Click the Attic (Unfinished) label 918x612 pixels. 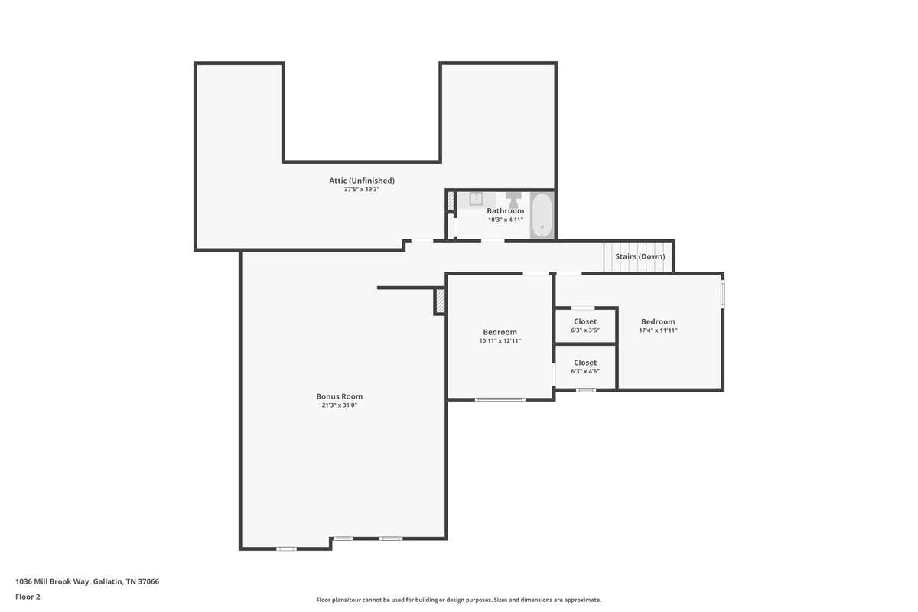coord(361,181)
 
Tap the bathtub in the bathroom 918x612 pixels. coord(542,215)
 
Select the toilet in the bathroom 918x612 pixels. coord(513,199)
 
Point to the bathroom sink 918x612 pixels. coord(476,199)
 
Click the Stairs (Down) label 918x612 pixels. coord(640,256)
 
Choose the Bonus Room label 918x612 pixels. coord(340,396)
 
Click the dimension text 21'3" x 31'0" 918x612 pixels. coord(340,405)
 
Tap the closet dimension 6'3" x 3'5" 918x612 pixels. coord(585,330)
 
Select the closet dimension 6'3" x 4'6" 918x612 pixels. coord(585,371)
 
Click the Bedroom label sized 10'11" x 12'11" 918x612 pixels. coord(500,332)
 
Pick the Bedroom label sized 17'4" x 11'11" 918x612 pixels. coord(658,322)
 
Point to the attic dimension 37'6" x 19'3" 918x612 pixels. coord(362,190)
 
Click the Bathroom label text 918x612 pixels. coord(506,210)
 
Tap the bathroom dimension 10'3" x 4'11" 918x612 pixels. coord(506,220)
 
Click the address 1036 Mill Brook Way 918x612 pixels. coord(53,581)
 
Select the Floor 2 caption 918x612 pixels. coord(28,597)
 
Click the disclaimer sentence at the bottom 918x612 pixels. coord(458,600)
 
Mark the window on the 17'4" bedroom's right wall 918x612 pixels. coord(722,293)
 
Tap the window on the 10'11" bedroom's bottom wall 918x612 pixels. coord(500,399)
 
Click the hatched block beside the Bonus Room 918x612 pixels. coord(440,301)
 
